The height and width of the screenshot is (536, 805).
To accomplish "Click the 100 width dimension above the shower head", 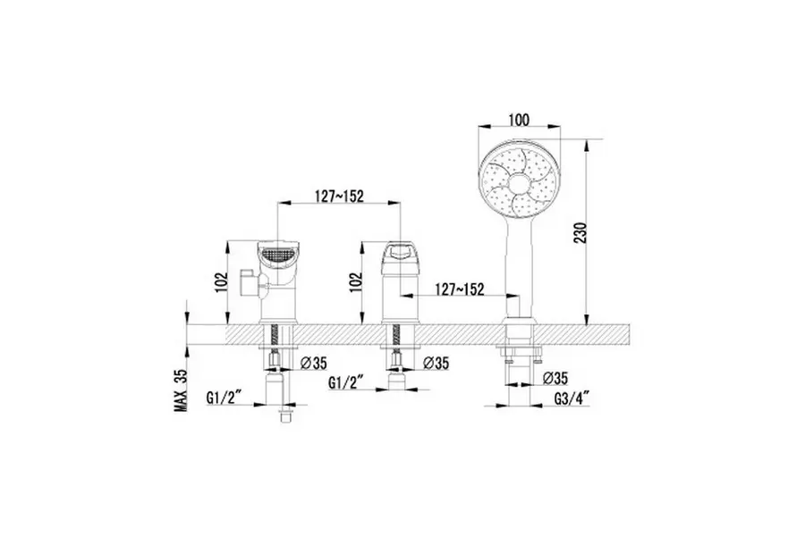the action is pyautogui.click(x=519, y=121).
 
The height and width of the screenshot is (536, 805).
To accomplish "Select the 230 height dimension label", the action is pyautogui.click(x=580, y=232).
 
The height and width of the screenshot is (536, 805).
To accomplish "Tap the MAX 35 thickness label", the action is pyautogui.click(x=180, y=390).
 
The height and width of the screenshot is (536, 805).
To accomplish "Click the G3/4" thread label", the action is pyautogui.click(x=571, y=398).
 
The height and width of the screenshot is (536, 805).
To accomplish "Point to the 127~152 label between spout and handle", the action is pyautogui.click(x=339, y=196).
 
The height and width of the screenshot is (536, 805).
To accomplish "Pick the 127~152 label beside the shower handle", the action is pyautogui.click(x=460, y=289).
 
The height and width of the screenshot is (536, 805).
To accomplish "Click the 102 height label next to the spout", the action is pyautogui.click(x=221, y=281).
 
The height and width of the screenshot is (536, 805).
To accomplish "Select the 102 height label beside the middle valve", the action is pyautogui.click(x=356, y=281).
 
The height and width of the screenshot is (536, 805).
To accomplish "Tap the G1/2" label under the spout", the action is pyautogui.click(x=224, y=398).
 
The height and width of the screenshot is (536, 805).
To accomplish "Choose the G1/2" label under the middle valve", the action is pyautogui.click(x=346, y=382).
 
